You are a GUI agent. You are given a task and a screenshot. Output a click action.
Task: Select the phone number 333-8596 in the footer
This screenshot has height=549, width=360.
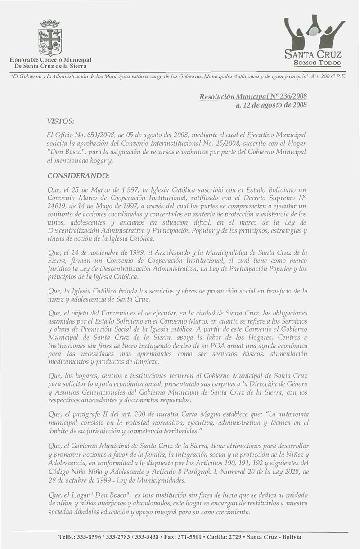point(89,537)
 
